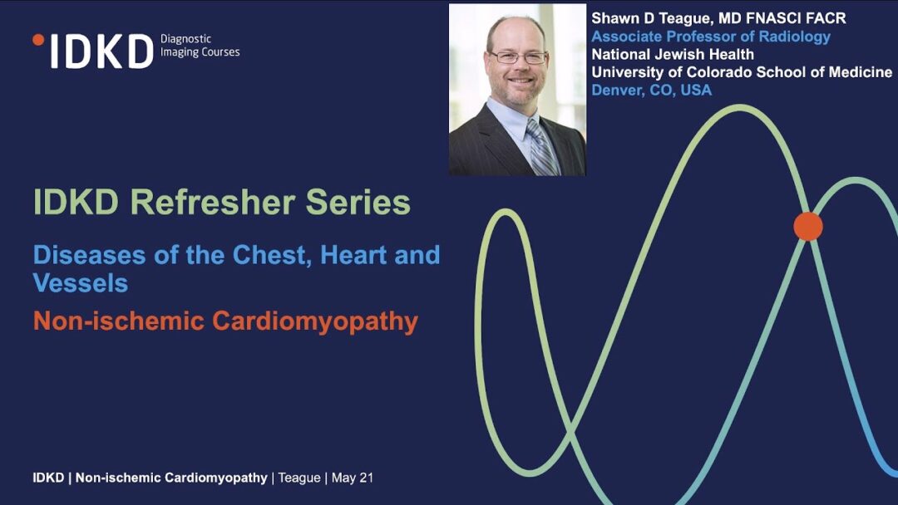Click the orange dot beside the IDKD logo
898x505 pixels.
pyautogui.click(x=38, y=40)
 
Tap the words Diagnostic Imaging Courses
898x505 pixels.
pyautogui.click(x=200, y=45)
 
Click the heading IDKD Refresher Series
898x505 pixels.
pyautogui.click(x=222, y=202)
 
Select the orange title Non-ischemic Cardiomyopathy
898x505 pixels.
pyautogui.click(x=225, y=321)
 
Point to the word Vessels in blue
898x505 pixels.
pyautogui.click(x=80, y=282)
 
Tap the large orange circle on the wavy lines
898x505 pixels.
pyautogui.click(x=808, y=226)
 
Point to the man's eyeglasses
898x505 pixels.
pyautogui.click(x=518, y=57)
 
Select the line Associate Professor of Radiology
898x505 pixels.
pyautogui.click(x=711, y=37)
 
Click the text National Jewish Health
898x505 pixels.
pyautogui.click(x=673, y=54)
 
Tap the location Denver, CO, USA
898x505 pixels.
pyautogui.click(x=652, y=90)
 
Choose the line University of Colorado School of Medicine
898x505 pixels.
pyautogui.click(x=742, y=72)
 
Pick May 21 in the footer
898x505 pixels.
pyautogui.click(x=353, y=478)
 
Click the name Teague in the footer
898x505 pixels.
pyautogui.click(x=299, y=478)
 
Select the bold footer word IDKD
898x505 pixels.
pyautogui.click(x=48, y=478)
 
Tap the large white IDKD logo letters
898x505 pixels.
pyautogui.click(x=102, y=51)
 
